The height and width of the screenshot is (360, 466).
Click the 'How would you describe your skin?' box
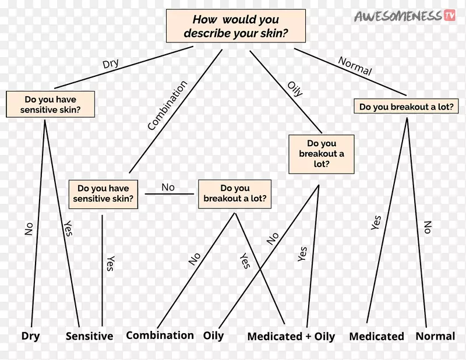[x=236, y=27]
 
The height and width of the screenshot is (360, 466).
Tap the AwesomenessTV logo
[x=405, y=16]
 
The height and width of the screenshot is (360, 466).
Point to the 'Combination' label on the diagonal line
[x=168, y=105]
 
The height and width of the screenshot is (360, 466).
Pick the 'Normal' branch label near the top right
[x=355, y=66]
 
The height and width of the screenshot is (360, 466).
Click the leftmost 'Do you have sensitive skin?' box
[x=50, y=104]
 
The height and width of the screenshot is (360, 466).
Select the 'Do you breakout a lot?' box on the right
[x=406, y=107]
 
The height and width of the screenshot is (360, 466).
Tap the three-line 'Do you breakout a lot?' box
[x=322, y=154]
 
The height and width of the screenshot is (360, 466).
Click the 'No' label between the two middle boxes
[x=168, y=187]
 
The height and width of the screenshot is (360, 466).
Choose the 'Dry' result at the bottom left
[x=30, y=336]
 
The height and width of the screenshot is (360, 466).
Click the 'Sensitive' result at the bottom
[x=89, y=336]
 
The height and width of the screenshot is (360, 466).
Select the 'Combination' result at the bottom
[x=160, y=335]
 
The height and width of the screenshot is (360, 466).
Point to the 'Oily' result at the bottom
[x=213, y=336]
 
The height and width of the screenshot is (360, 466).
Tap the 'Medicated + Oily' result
[x=291, y=336]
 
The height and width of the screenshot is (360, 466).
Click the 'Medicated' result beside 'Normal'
[x=376, y=336]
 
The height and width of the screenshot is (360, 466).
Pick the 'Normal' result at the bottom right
[x=435, y=336]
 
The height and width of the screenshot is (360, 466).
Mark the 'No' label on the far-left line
[x=29, y=229]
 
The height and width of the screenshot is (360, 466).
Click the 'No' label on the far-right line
[x=428, y=227]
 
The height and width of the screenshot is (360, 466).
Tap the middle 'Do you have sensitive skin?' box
[x=103, y=194]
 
